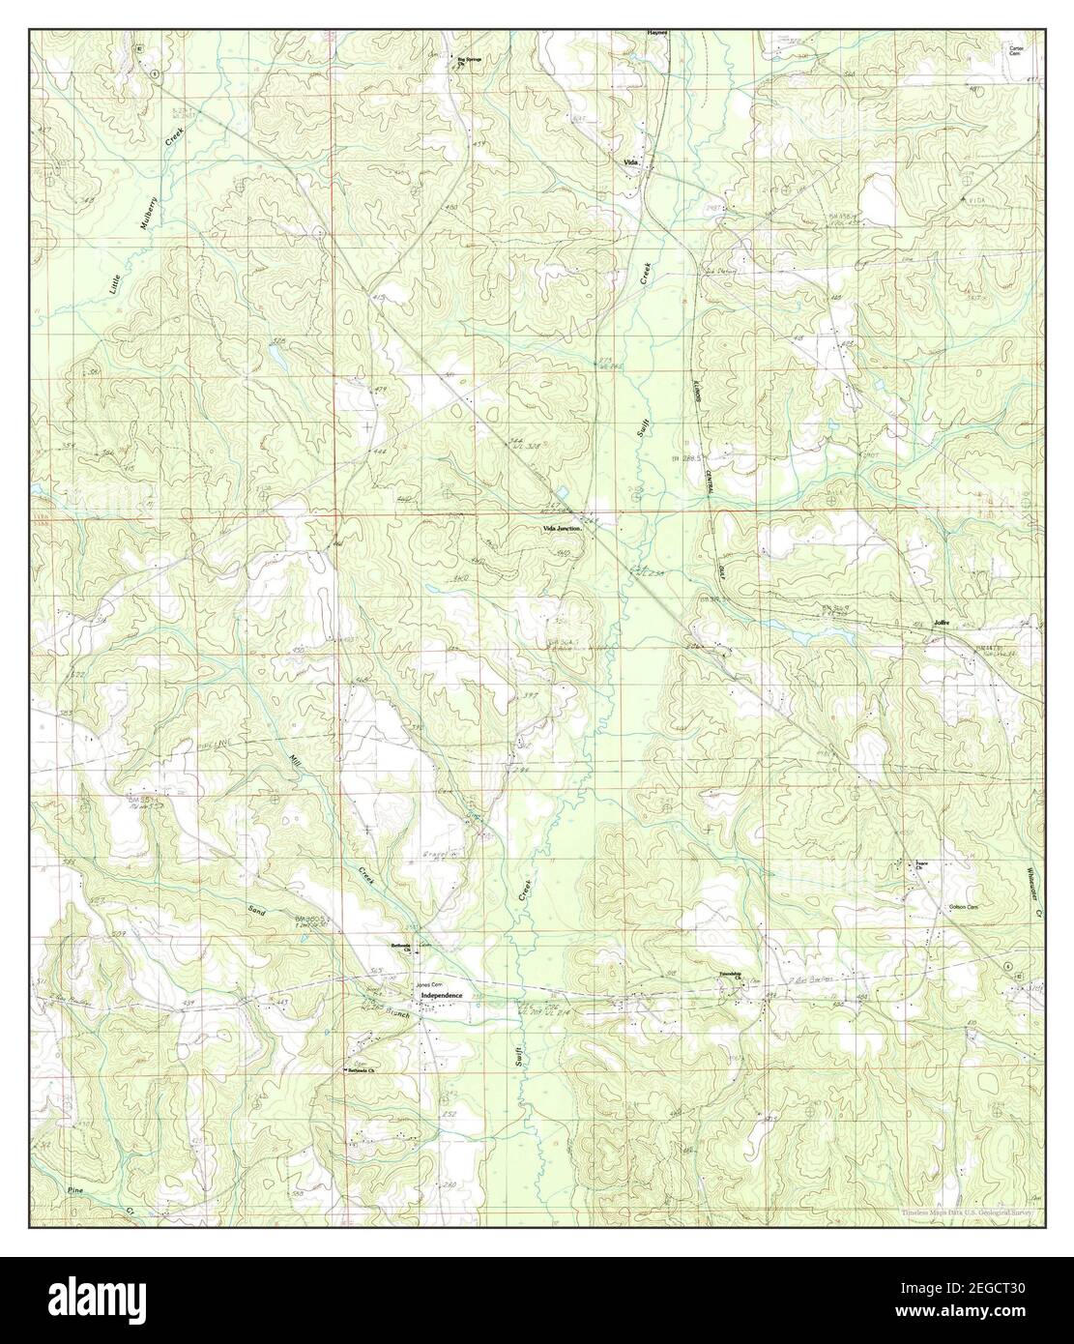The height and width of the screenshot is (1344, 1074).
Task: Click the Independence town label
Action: pos(440,995)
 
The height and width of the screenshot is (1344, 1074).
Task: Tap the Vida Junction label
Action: pos(561,529)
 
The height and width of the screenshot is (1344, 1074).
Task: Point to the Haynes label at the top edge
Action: pos(658,32)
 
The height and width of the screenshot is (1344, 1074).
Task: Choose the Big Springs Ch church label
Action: pos(469,61)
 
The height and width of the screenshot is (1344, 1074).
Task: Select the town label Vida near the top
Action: pos(633,161)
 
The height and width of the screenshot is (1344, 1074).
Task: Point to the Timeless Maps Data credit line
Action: pos(968,1212)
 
